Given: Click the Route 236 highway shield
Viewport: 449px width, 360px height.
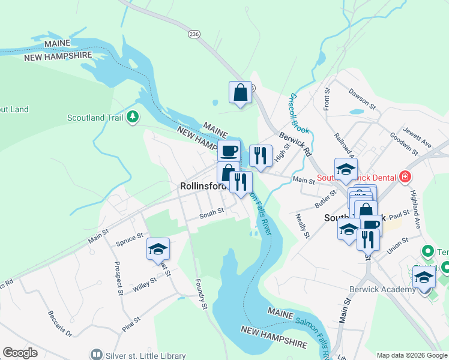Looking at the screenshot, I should click(x=193, y=35).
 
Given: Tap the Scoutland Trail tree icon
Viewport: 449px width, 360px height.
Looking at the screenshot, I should click(x=133, y=118).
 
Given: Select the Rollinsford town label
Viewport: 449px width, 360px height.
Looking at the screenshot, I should click(x=202, y=187).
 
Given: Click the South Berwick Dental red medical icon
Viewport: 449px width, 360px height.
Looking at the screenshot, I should click(x=405, y=177).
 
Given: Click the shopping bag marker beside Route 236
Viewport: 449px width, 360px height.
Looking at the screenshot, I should click(x=240, y=92).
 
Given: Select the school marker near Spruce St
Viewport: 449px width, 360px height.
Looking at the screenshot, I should click(x=158, y=249).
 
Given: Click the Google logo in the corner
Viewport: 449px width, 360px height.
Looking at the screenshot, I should click(x=20, y=353).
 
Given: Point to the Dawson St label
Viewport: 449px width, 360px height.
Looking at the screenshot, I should click(x=362, y=99).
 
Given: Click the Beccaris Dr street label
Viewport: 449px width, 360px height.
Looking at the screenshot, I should click(x=59, y=324).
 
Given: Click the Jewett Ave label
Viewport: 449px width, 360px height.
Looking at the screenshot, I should click(x=418, y=141).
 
